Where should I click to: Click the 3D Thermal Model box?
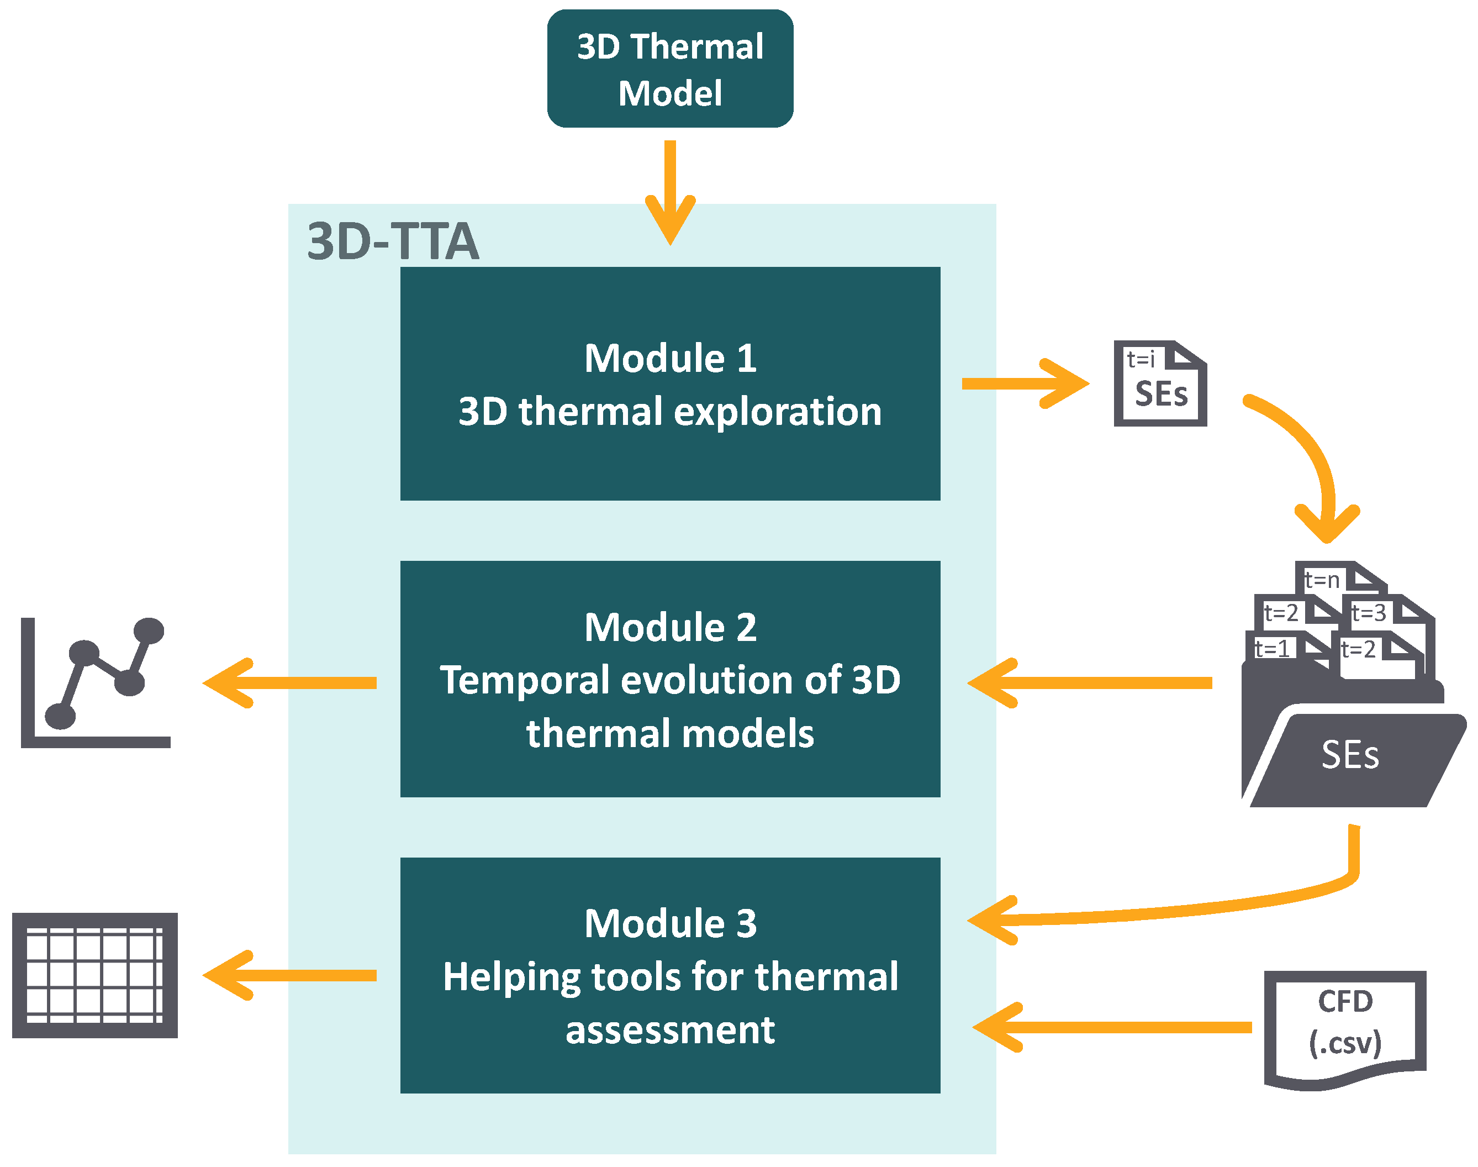(669, 69)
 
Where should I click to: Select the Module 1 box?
(669, 383)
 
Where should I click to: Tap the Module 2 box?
(669, 679)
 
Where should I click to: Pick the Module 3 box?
(669, 975)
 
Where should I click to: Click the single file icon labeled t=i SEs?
(1160, 384)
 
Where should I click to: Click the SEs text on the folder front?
(1350, 755)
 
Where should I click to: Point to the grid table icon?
(95, 975)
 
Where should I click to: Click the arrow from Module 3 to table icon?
(291, 975)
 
